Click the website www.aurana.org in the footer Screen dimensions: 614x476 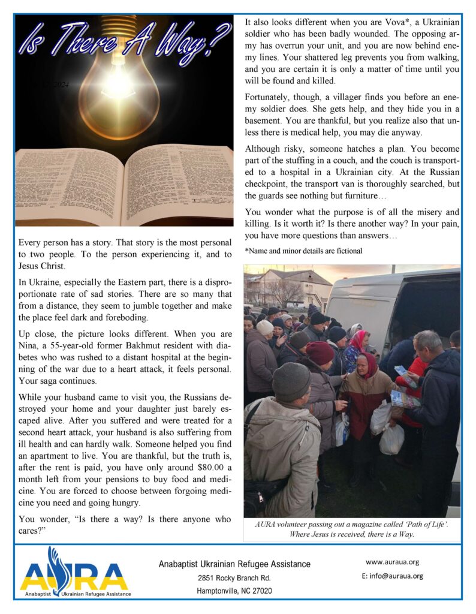point(392,562)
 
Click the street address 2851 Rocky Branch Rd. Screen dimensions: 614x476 point(234,578)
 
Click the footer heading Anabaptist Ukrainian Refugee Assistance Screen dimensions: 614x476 point(234,564)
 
